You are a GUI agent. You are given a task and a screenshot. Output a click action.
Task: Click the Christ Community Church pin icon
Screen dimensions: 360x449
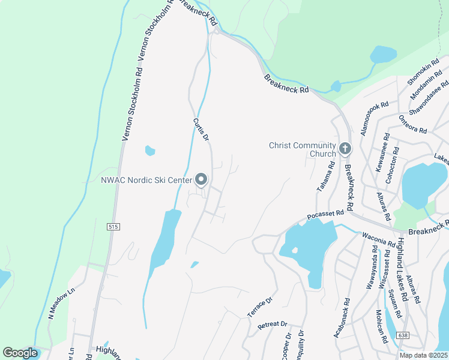pos(345,148)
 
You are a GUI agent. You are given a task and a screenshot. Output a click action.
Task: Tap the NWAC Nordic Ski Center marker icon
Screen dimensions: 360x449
pos(202,179)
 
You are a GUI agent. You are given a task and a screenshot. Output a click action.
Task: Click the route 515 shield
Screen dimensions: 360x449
pos(113,227)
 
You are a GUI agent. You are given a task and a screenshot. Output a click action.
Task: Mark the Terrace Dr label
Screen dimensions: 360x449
pos(260,307)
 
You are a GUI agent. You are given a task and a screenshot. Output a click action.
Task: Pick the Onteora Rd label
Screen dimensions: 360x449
pos(412,125)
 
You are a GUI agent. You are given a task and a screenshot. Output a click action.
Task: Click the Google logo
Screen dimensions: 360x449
pos(20,353)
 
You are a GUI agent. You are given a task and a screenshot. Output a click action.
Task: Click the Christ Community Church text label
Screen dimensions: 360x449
pos(303,149)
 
